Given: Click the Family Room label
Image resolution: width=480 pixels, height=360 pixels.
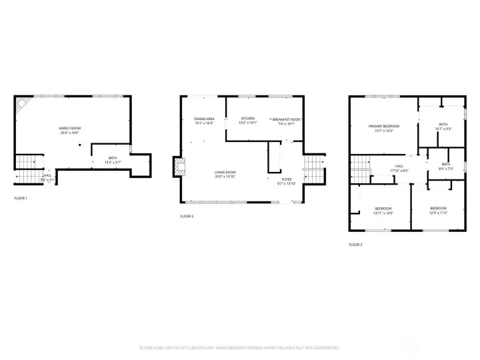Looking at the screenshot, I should pos(69,127).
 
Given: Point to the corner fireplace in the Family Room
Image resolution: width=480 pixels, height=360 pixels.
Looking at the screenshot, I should pos(23,103).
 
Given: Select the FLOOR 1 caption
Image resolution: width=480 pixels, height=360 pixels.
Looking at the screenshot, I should pos(21,198).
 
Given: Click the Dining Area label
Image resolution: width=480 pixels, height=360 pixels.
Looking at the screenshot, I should pos(204,119).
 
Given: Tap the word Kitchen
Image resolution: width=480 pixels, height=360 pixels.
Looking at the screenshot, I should pos(247,119).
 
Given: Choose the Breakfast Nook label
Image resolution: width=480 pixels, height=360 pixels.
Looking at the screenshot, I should pos(287,119).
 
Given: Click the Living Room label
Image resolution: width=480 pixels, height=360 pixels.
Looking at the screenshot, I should pos(225,173).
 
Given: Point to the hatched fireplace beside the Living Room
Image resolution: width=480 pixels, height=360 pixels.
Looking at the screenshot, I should pos(177,167).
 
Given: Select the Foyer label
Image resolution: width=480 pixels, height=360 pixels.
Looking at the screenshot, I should pos(287,179).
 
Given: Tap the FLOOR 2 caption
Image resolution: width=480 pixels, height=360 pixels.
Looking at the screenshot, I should pos(187,217).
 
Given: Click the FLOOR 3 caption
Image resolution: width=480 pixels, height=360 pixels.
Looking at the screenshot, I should pos(355,245).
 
